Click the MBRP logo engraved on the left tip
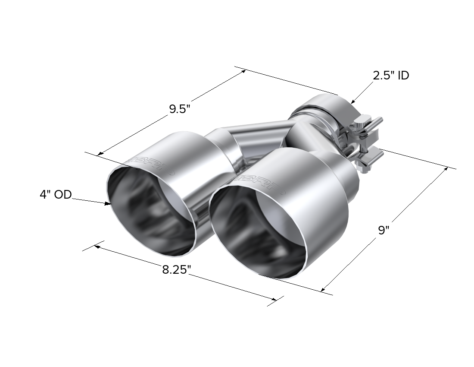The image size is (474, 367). tap(152, 163)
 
